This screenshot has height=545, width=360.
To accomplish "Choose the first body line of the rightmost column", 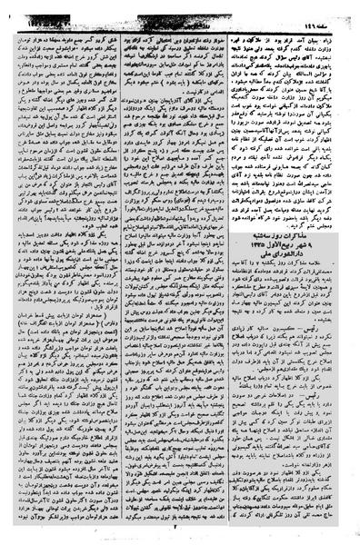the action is tap(301, 17).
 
